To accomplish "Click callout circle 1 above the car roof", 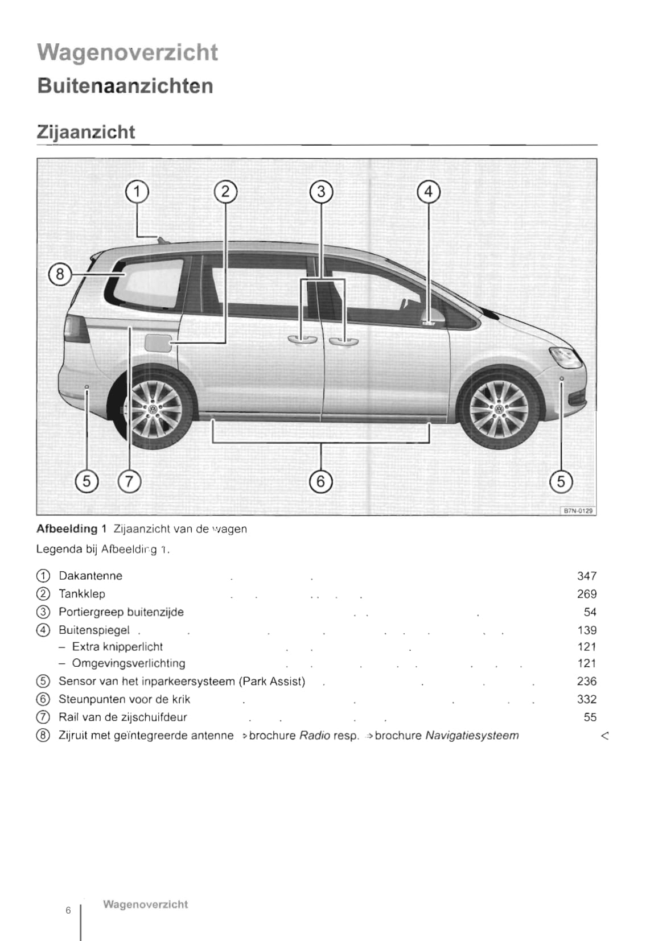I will click(x=137, y=192).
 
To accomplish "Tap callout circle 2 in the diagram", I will click(x=225, y=192).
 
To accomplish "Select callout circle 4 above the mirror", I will click(x=429, y=192).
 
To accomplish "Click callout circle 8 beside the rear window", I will click(x=60, y=274).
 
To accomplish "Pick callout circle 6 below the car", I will click(x=320, y=481).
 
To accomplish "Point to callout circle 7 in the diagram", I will click(x=129, y=481).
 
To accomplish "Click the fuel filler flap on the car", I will click(x=158, y=343).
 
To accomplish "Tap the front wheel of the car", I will click(x=499, y=408).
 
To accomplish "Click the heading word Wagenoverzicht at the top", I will click(x=127, y=52).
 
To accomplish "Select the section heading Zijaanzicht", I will click(x=86, y=132).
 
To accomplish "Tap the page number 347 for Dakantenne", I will click(x=586, y=576).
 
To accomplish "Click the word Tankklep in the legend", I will click(x=82, y=594).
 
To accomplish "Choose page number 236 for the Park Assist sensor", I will click(x=586, y=681).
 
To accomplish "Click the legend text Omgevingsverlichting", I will click(x=129, y=663).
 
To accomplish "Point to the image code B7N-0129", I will click(x=578, y=510).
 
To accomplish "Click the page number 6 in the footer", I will click(x=68, y=910).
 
